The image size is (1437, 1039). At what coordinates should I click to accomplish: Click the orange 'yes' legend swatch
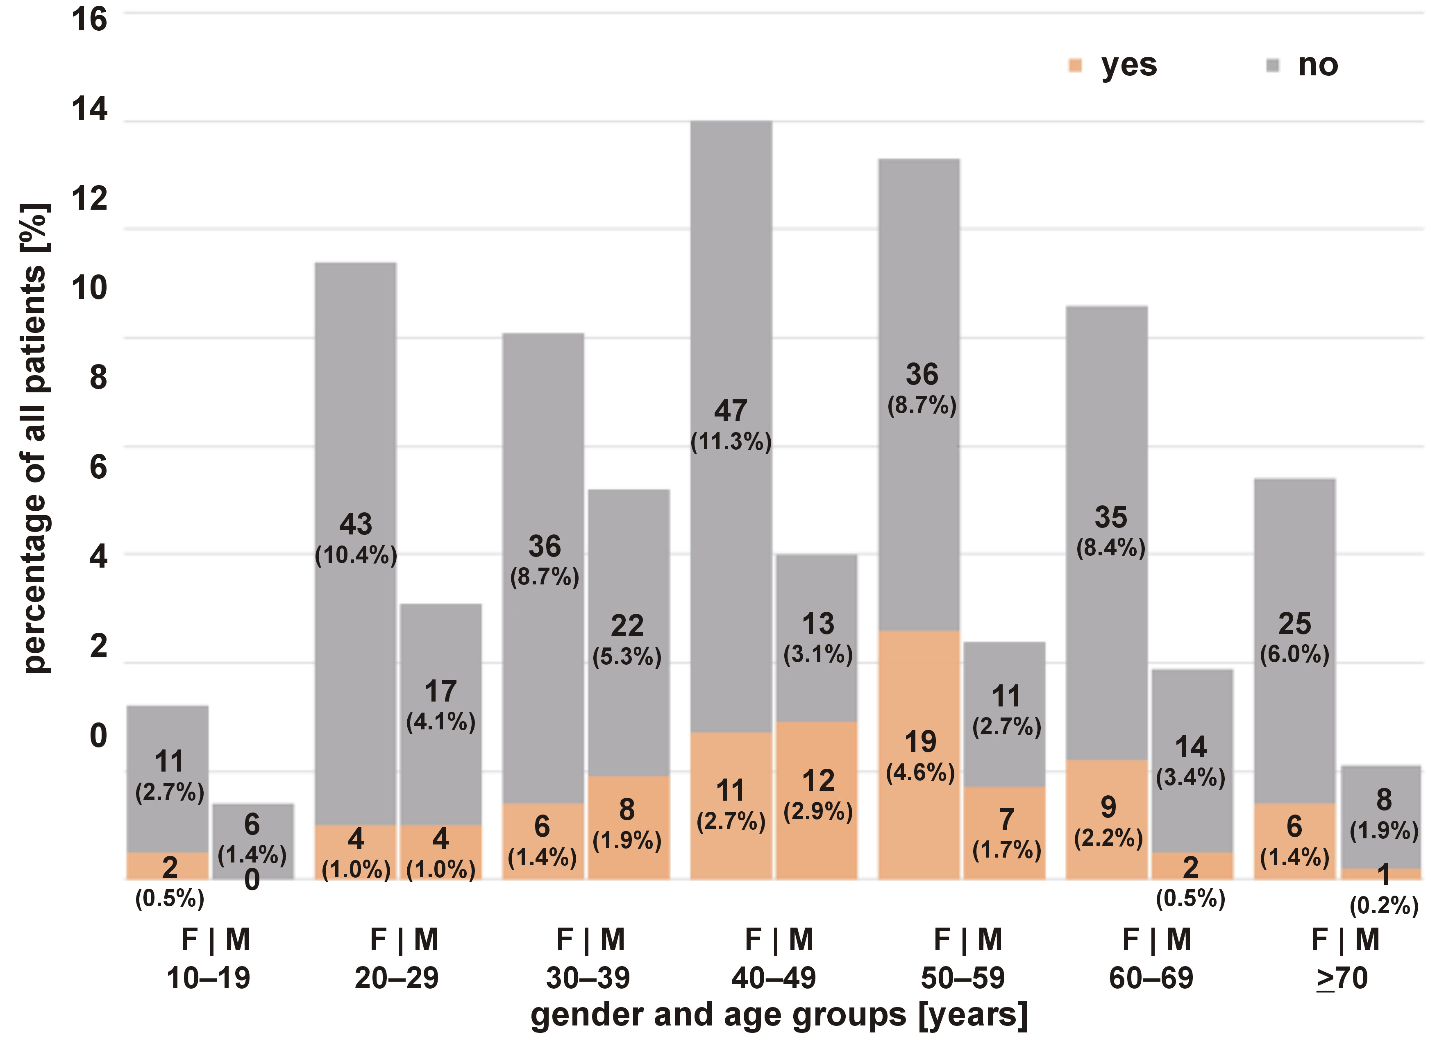coord(1075,65)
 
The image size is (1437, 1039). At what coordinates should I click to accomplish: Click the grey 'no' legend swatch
coord(1272,65)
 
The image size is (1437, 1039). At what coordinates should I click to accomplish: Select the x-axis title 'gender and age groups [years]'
coord(779,1014)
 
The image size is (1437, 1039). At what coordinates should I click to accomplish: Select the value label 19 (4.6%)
coord(920,756)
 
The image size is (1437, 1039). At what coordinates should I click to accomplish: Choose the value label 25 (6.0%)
coord(1294,638)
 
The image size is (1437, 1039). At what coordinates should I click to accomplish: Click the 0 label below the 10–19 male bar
coord(252,880)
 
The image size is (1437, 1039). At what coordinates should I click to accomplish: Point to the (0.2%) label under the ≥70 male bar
coord(1384,906)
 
